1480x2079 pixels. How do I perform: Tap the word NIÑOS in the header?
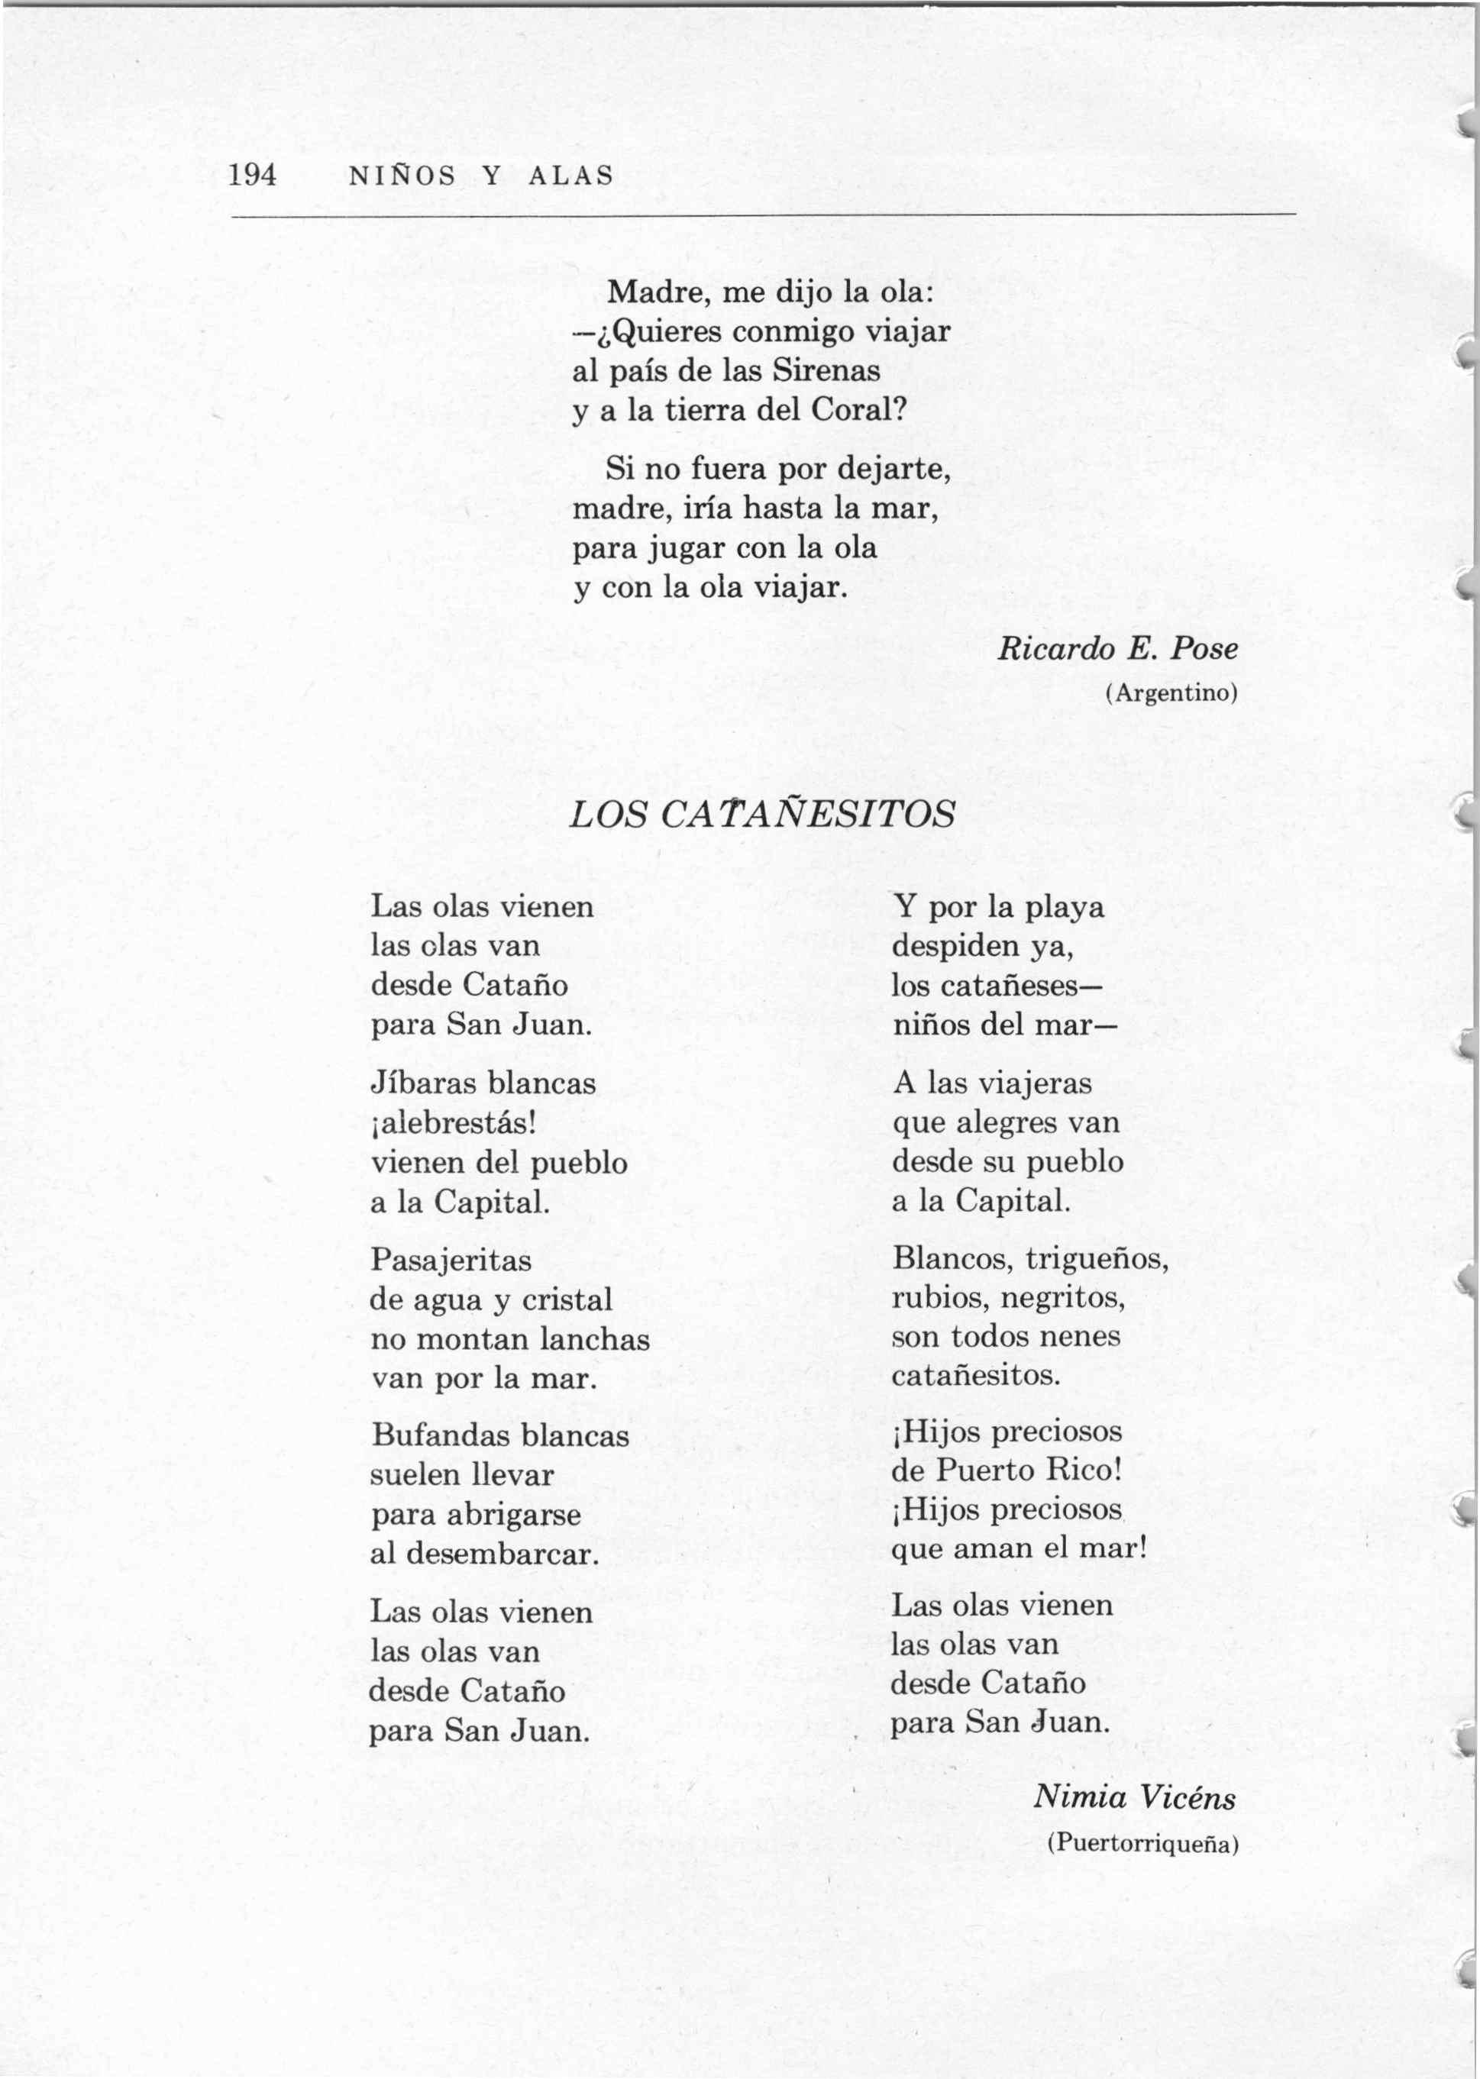pos(402,175)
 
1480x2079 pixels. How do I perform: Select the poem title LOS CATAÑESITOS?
pos(762,814)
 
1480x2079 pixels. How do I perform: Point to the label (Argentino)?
pos(1171,693)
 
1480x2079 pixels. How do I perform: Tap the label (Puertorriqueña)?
pos(1142,1843)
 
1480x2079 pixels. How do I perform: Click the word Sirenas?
pos(826,370)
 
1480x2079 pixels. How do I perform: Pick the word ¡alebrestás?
pos(453,1122)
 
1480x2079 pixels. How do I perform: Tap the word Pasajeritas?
pos(451,1260)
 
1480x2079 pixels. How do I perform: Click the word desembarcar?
pos(502,1552)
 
